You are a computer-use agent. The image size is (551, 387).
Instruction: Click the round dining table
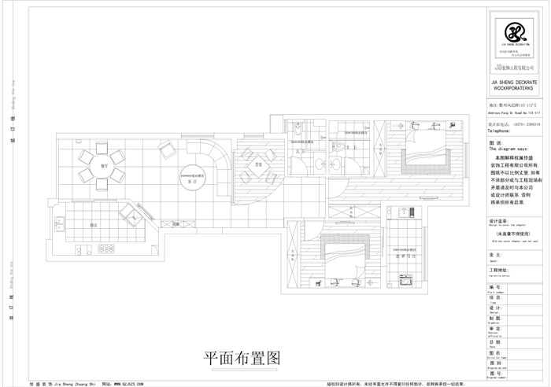pos(102,166)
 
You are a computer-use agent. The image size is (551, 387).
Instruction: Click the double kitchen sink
pos(83,252)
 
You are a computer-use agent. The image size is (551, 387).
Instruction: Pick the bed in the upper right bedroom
pos(423,153)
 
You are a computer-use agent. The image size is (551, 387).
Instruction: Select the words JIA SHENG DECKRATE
pos(514,81)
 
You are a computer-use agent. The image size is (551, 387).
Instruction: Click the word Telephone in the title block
pos(505,131)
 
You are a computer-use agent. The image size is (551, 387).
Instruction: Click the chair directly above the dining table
pos(102,146)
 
